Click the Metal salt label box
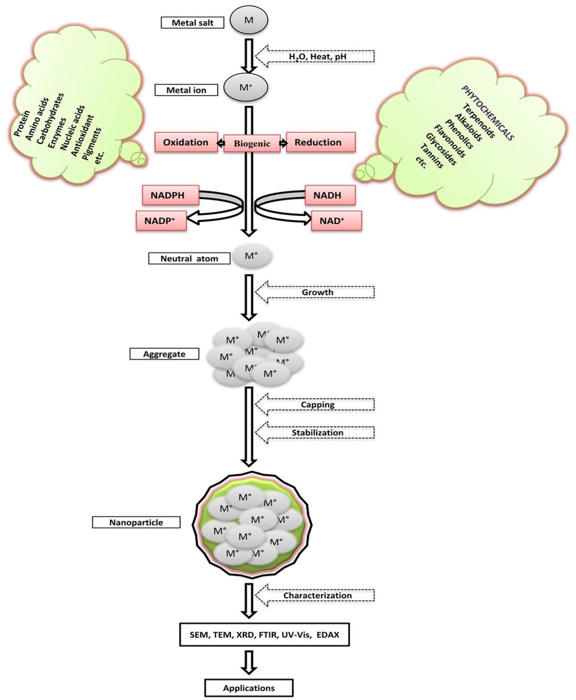[193, 23]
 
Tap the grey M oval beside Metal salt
[249, 20]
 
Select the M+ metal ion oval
[246, 87]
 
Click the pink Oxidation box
[186, 142]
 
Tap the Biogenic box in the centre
[252, 144]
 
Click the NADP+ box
[161, 221]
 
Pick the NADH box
[330, 195]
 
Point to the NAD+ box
[336, 221]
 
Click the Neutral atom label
[189, 258]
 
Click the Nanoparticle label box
[136, 522]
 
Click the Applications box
[249, 688]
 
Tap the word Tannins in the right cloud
[431, 156]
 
